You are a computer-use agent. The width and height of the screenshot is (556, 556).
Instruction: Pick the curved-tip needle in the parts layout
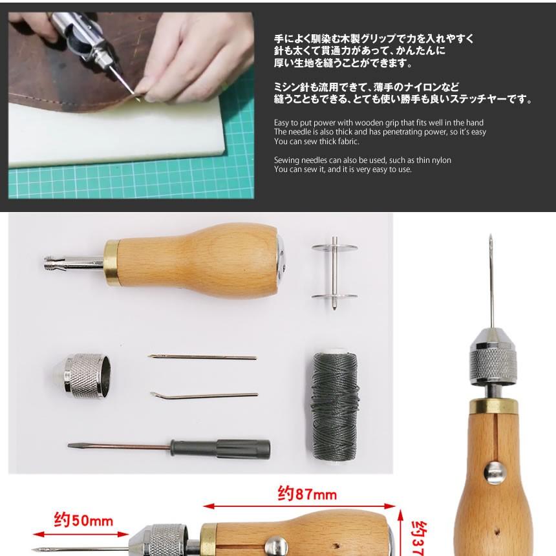[x=204, y=394]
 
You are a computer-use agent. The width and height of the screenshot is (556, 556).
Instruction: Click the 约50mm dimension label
[x=83, y=520]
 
